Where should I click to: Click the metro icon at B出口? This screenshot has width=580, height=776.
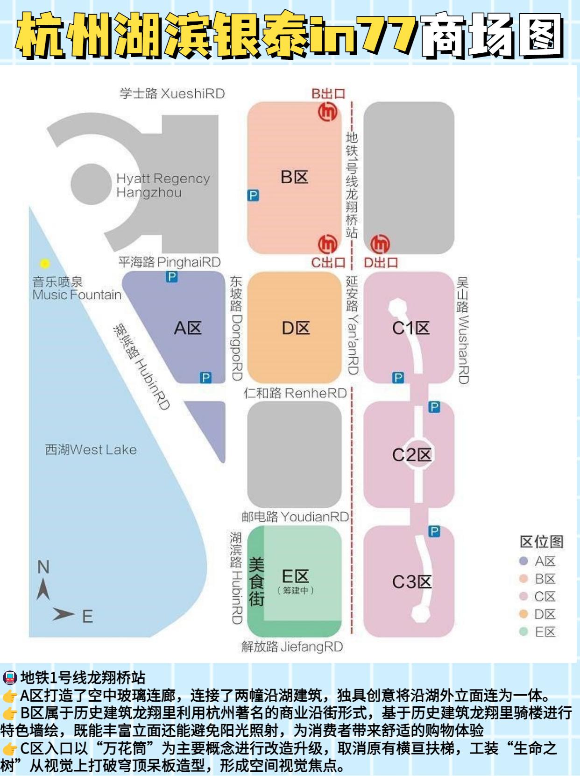point(327,112)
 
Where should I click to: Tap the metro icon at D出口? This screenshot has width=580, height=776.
point(380,244)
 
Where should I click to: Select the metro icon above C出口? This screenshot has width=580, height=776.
point(327,244)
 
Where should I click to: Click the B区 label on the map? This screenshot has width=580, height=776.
point(294,177)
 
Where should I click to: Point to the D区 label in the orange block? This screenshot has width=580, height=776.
point(295,328)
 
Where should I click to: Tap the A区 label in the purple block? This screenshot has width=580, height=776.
point(187,328)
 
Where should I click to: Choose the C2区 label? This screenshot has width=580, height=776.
point(411,455)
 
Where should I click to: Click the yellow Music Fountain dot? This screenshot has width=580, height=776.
point(45,264)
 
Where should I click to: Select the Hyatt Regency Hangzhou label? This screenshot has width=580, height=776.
point(163,186)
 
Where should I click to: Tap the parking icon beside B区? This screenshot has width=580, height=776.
point(253,195)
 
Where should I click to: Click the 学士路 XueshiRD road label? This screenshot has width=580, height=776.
point(172,93)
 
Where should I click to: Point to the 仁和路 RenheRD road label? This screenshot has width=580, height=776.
point(295,393)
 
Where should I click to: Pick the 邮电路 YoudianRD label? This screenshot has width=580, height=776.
point(295,517)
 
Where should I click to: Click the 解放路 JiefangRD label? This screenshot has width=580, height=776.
point(292,647)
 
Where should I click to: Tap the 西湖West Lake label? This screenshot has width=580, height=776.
point(91,450)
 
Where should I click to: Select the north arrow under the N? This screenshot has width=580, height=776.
point(43,589)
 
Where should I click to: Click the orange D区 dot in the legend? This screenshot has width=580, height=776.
point(523,614)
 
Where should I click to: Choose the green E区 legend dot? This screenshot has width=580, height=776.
point(523,632)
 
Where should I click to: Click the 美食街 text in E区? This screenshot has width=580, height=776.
point(256,582)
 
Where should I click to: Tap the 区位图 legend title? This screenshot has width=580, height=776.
point(541,542)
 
